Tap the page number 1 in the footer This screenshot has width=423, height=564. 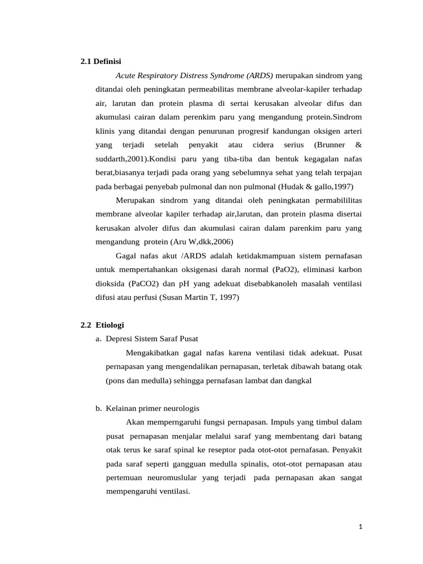coord(360,527)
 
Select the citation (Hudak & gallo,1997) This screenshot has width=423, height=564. coord(316,186)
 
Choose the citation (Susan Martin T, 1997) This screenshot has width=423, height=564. coord(199,297)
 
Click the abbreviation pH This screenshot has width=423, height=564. coord(185,284)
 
